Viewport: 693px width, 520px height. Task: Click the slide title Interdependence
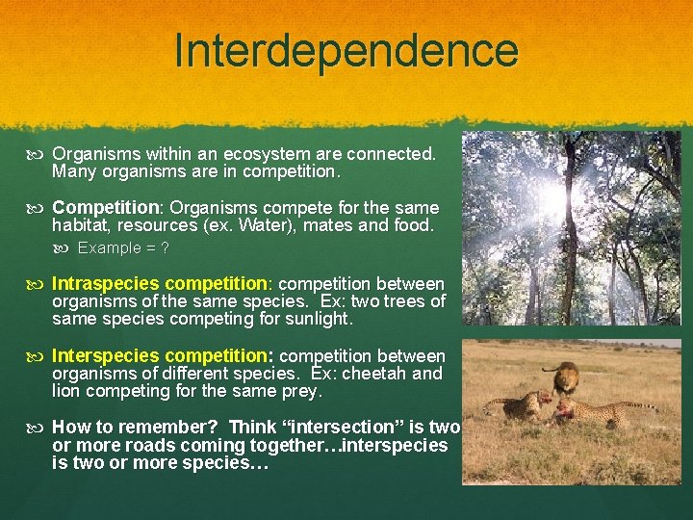tap(346, 50)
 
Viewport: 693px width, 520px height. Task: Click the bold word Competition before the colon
tap(105, 208)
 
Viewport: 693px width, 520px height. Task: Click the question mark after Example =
tap(165, 247)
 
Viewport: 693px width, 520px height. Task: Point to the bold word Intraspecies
tap(106, 284)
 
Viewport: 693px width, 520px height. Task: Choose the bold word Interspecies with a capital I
tap(106, 356)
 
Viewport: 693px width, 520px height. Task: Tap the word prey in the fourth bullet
tap(301, 391)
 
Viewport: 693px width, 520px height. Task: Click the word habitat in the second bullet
tap(81, 226)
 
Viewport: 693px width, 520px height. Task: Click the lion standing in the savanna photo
tap(563, 377)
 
